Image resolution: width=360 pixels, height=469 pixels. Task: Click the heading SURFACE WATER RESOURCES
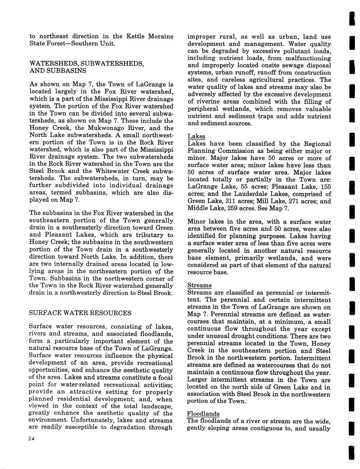80,313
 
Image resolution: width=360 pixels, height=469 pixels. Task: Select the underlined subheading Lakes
196,136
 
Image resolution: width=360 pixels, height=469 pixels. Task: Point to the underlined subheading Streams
199,285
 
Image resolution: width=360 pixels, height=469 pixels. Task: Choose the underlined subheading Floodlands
203,414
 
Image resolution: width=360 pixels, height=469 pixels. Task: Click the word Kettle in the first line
136,36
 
